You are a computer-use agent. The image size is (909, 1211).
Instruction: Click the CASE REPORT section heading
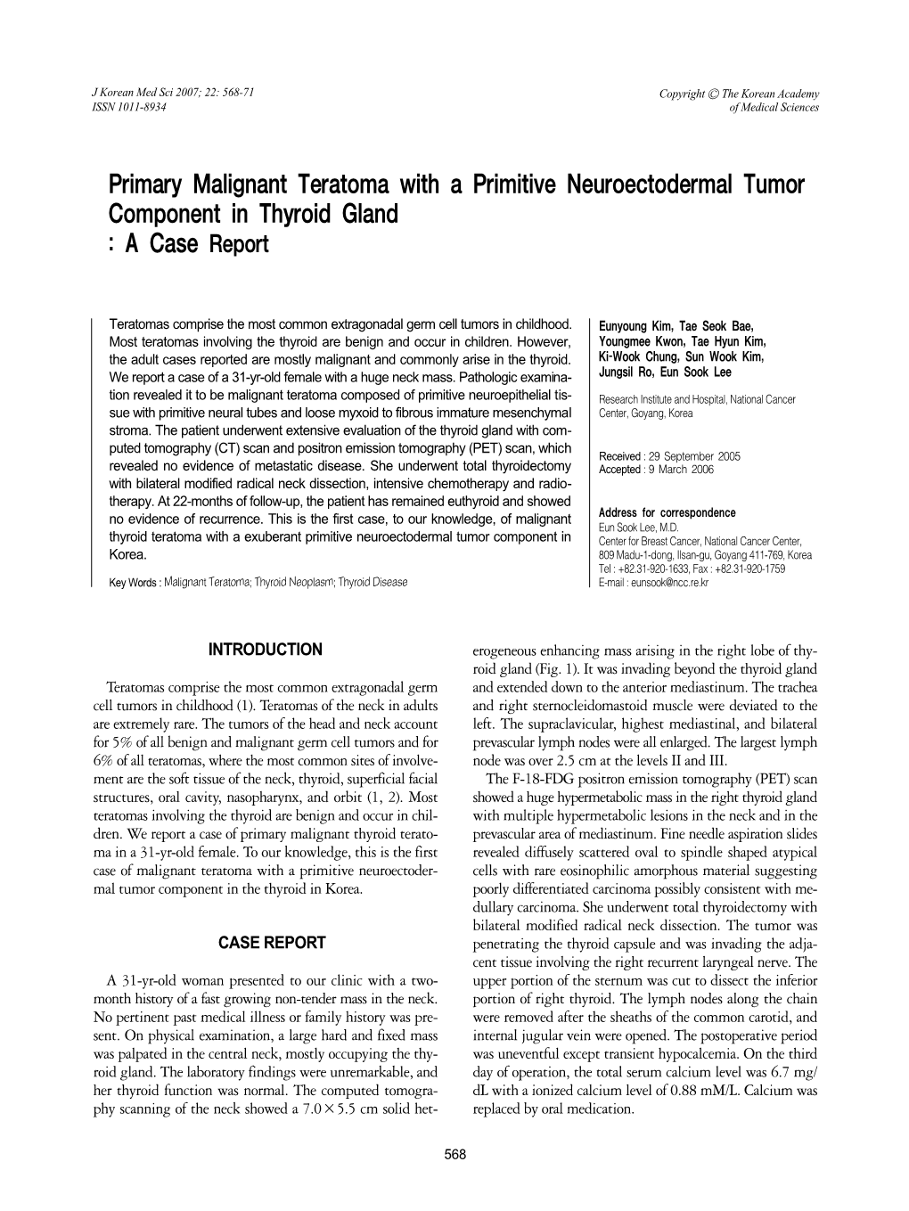click(272, 943)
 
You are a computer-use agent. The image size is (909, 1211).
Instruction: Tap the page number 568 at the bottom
click(454, 1155)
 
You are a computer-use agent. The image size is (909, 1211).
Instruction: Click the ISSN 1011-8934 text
click(129, 107)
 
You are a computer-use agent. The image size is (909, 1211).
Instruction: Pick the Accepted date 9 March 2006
click(680, 470)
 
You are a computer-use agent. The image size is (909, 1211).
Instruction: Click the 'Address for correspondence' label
click(667, 513)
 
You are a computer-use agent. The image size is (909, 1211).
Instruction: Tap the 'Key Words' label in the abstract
click(133, 583)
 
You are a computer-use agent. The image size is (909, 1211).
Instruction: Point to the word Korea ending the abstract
click(127, 554)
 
